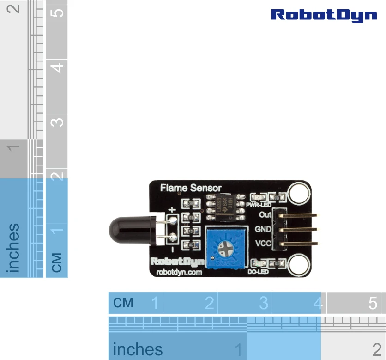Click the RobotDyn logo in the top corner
(x=324, y=15)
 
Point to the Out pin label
(x=265, y=215)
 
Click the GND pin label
(x=263, y=229)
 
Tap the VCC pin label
(x=263, y=243)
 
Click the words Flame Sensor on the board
(x=191, y=188)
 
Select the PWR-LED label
(x=258, y=204)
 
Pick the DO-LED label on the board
(x=258, y=272)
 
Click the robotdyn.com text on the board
(x=180, y=273)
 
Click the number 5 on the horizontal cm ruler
(x=373, y=303)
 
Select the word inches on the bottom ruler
(x=138, y=350)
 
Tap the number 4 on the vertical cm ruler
(x=57, y=67)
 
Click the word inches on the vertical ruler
(x=13, y=248)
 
